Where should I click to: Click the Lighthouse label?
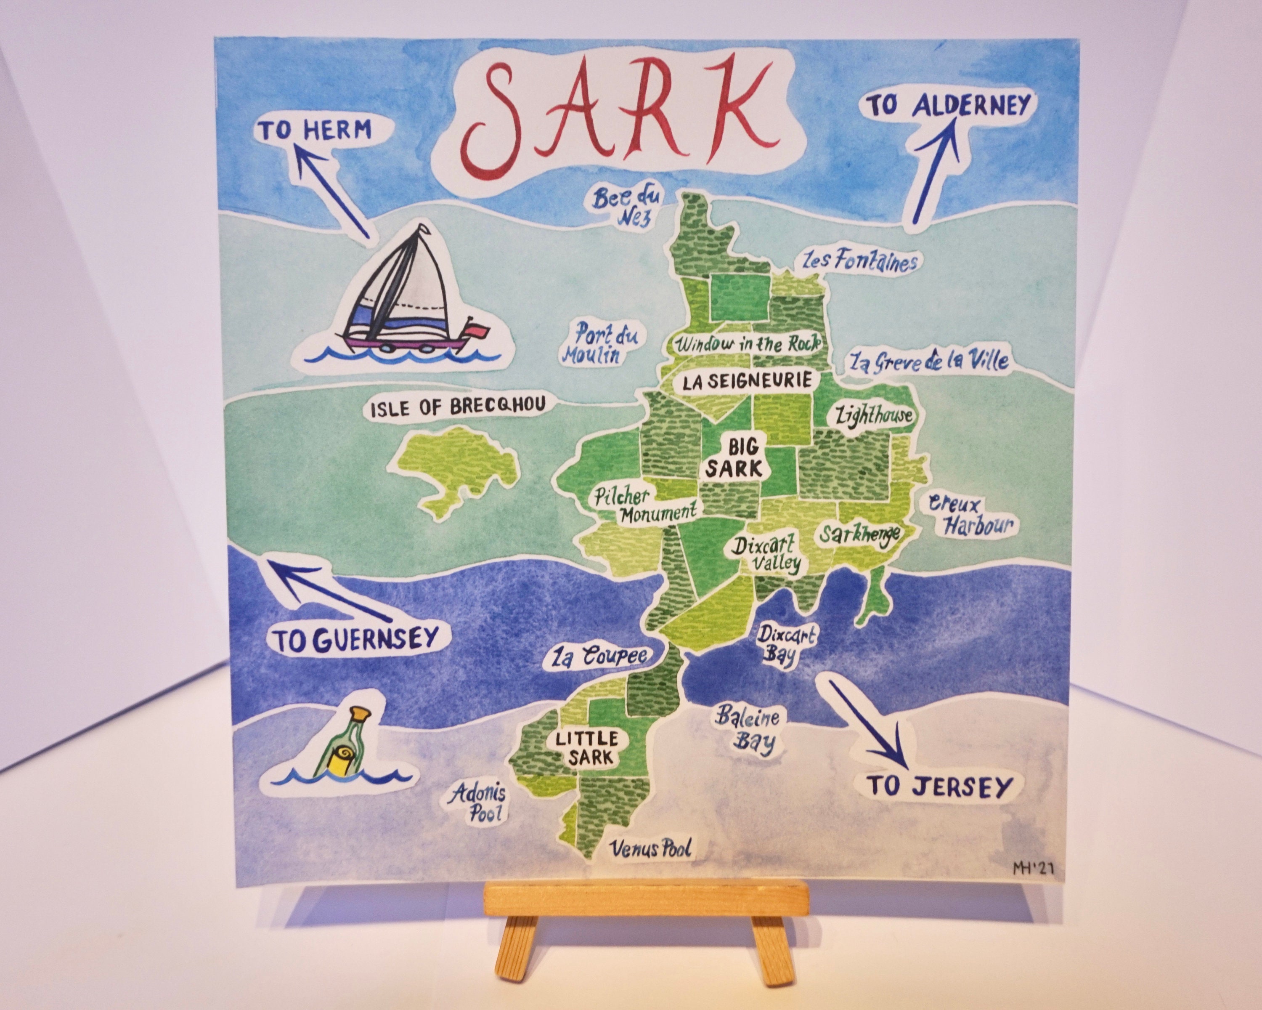873,415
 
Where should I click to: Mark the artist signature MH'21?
1033,868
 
